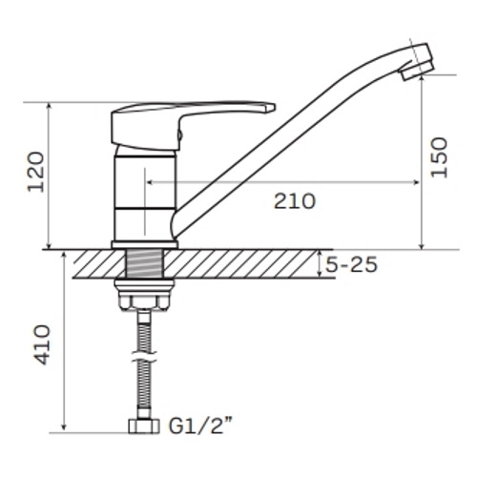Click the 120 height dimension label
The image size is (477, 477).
(x=35, y=172)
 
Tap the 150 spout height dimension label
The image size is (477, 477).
(x=439, y=157)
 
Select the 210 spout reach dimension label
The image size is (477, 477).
(x=295, y=201)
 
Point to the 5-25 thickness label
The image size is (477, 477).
(x=351, y=264)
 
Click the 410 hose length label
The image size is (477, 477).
(x=41, y=344)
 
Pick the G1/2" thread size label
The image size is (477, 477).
(x=200, y=426)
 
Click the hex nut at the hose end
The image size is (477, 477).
(x=144, y=426)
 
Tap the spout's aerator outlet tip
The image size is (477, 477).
(x=417, y=72)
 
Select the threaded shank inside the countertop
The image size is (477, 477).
(x=145, y=263)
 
